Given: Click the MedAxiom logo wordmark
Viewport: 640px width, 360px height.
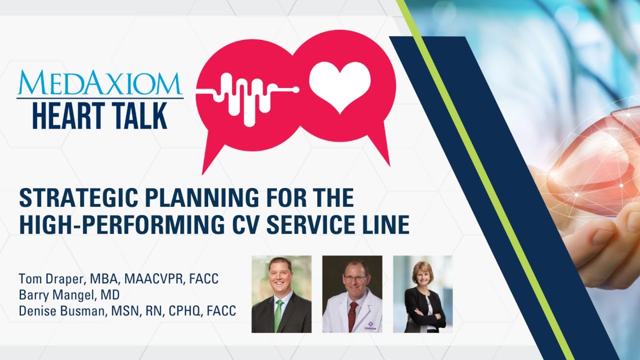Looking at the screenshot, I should (100, 83).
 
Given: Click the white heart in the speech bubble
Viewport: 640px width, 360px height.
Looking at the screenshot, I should (340, 86).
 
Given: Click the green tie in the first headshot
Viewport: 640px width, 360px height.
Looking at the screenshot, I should (278, 315).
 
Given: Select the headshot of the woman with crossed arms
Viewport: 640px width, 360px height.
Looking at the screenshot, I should (422, 294).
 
